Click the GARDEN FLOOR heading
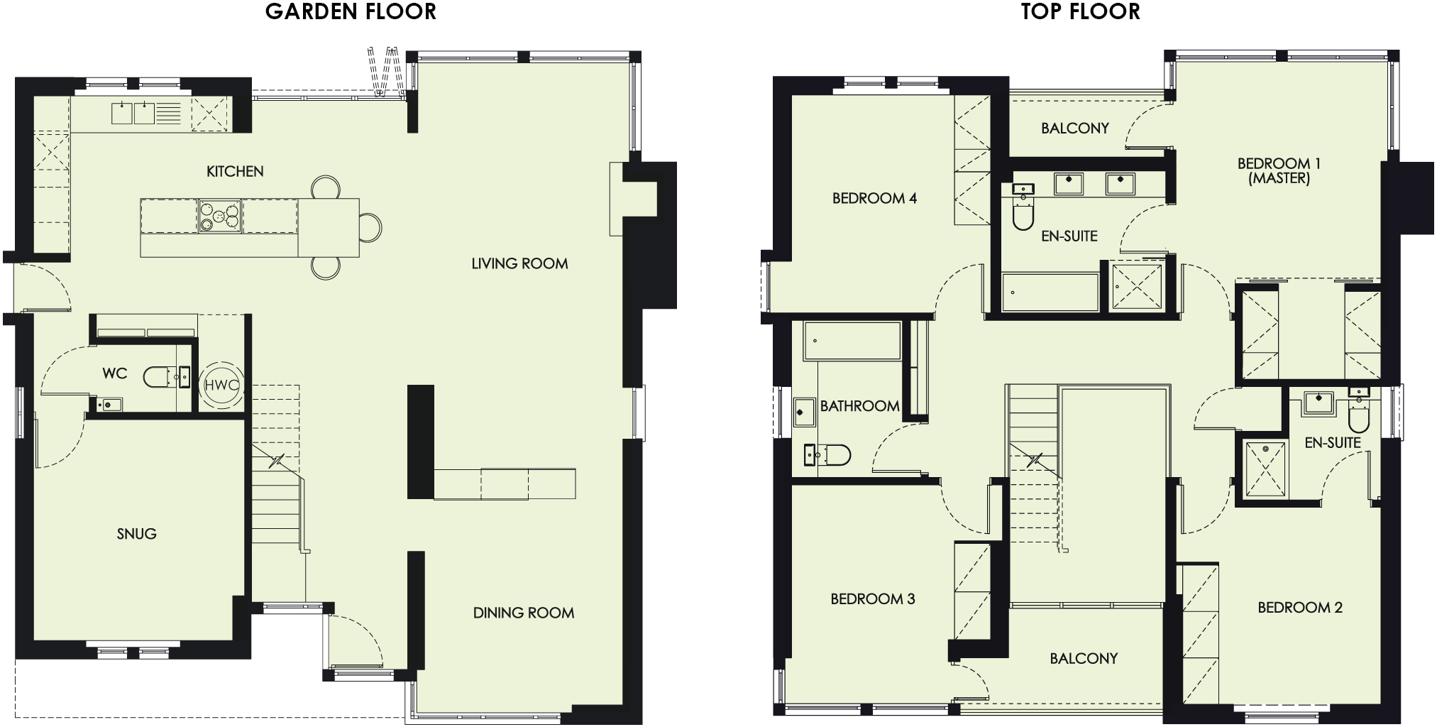pos(351,12)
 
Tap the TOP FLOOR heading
pos(1080,12)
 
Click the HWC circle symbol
pos(221,386)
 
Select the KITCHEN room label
pos(235,171)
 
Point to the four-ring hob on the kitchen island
pos(219,217)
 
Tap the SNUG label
pos(136,534)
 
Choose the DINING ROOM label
pos(523,613)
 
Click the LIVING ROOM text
pos(519,263)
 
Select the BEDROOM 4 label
pos(874,198)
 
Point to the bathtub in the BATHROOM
pos(852,341)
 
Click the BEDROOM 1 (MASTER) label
pos(1279,170)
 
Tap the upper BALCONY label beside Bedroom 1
pos(1074,129)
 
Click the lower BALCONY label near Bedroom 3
pos(1083,658)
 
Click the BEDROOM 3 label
pos(872,599)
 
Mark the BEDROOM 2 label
pos(1299,608)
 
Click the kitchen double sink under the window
pos(133,114)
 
